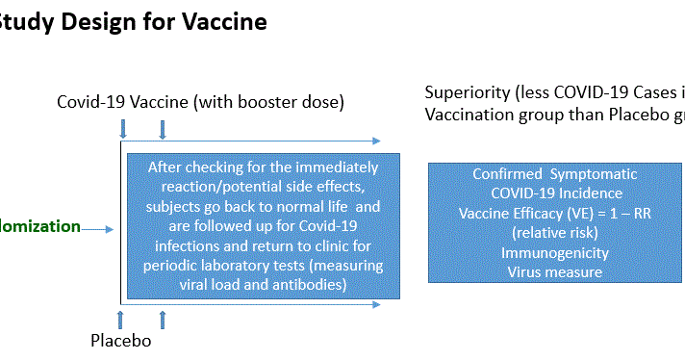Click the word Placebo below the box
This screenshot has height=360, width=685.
121,340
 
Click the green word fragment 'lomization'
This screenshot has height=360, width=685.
40,227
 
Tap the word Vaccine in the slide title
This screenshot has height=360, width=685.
222,21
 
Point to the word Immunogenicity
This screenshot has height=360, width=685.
553,254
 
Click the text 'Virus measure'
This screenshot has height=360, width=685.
553,272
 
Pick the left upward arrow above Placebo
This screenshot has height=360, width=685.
121,317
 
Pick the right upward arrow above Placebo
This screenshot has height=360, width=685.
162,317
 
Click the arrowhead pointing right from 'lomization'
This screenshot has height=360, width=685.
111,229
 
